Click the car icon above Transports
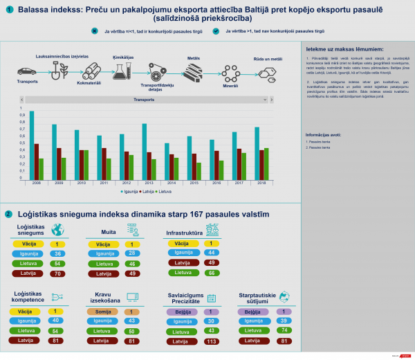(x=26, y=71)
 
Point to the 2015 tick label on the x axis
(x=194, y=182)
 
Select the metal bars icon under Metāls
(x=194, y=72)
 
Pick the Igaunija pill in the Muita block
(x=104, y=254)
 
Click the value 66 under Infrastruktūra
(x=212, y=273)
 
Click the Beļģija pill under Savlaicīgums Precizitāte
(x=179, y=312)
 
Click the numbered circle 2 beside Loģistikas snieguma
(x=8, y=215)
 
